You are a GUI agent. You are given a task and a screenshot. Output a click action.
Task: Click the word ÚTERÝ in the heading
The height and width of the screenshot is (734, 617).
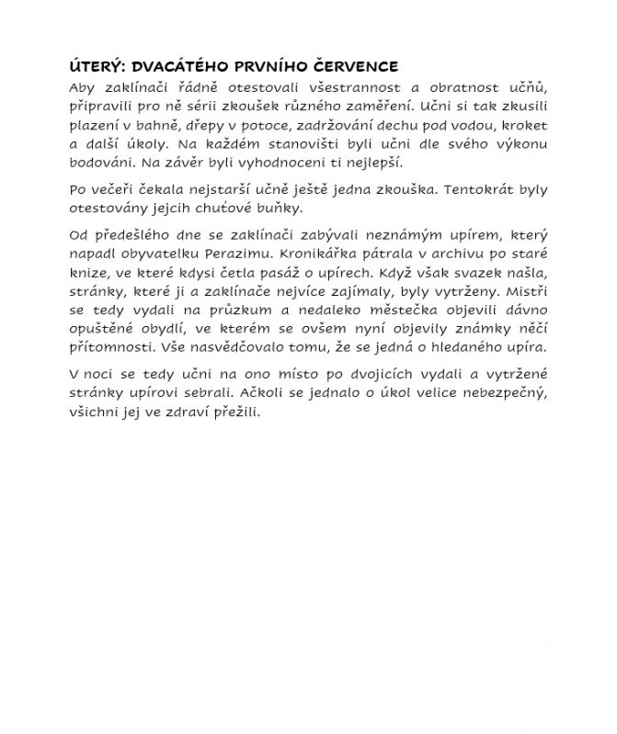tap(98, 66)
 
